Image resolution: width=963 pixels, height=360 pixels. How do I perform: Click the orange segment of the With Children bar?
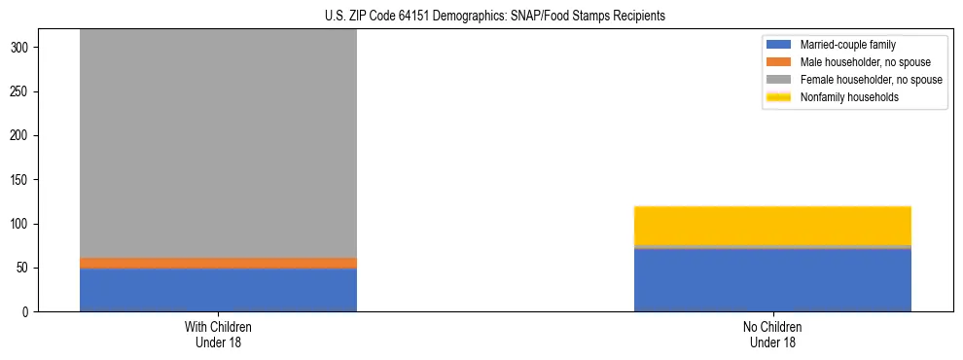(x=218, y=263)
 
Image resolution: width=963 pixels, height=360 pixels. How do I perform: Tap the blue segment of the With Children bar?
(x=218, y=290)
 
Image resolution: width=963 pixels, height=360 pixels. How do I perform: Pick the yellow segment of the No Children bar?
(x=772, y=226)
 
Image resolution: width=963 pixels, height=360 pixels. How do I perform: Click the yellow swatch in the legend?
(x=780, y=97)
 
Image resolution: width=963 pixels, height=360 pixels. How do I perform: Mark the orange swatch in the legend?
(x=780, y=62)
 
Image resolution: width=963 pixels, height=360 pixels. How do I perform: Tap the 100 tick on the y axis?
(x=28, y=224)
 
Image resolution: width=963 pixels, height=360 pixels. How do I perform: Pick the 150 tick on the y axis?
(x=28, y=180)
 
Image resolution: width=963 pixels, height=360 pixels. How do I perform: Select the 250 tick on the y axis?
(x=28, y=91)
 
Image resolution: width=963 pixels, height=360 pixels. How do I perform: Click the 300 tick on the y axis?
(x=28, y=48)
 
